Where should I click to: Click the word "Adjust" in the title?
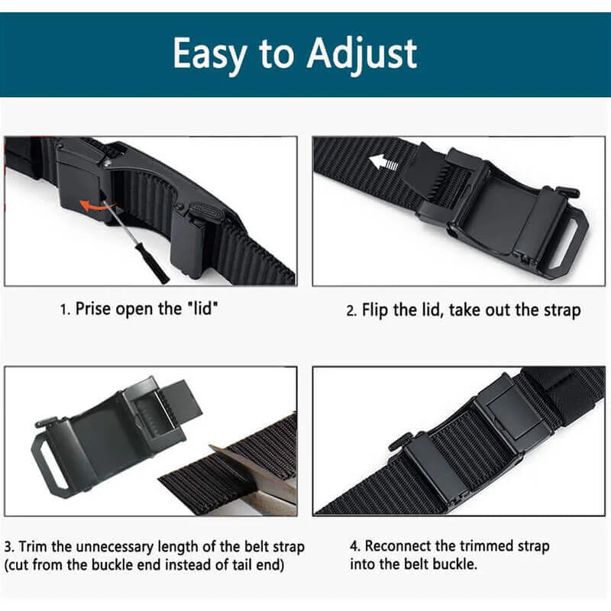coord(364,55)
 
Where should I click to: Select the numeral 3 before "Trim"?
coord(8,547)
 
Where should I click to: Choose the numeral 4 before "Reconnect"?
coord(354,546)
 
